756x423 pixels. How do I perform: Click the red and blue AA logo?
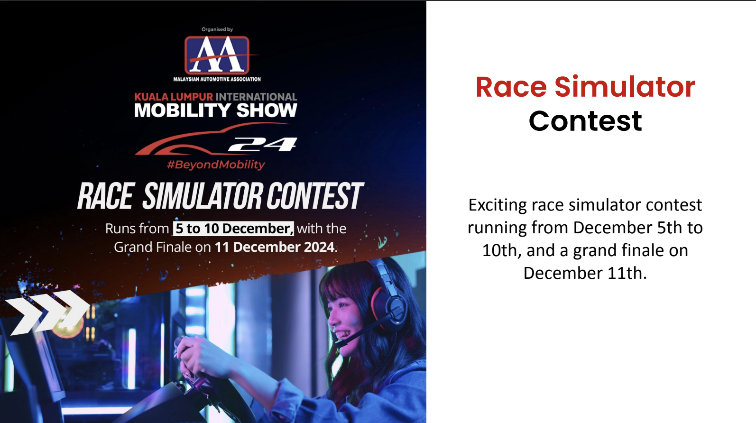(217, 55)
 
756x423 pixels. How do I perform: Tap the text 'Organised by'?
(217, 29)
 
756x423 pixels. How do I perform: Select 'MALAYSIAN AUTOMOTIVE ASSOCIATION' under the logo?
(217, 79)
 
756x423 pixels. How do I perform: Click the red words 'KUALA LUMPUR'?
(174, 97)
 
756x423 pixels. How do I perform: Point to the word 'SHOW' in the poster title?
(267, 110)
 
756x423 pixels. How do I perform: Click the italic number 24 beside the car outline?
(263, 144)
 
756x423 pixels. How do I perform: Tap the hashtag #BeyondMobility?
(216, 165)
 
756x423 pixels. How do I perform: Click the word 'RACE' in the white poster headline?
(106, 196)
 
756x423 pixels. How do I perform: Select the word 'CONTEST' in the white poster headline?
(314, 196)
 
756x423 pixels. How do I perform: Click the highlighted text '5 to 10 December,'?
(233, 229)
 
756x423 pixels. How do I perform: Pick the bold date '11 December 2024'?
(275, 247)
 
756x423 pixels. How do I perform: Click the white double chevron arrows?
(48, 313)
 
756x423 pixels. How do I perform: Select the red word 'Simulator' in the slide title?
(625, 87)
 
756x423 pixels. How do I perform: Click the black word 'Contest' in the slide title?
(585, 121)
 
